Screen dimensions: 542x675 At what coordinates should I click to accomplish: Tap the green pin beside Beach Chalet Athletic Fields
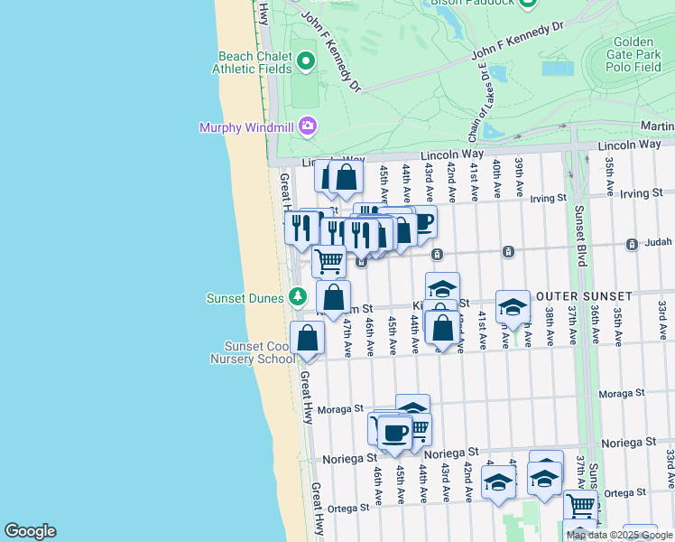pyautogui.click(x=305, y=61)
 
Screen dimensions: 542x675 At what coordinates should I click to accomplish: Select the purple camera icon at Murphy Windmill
pyautogui.click(x=308, y=126)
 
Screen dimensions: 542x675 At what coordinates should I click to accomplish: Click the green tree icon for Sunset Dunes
pyautogui.click(x=298, y=296)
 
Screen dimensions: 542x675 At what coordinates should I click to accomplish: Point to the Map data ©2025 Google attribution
pyautogui.click(x=620, y=535)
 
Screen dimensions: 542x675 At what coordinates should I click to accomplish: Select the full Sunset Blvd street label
pyautogui.click(x=579, y=238)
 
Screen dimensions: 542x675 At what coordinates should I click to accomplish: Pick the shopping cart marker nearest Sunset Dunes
pyautogui.click(x=329, y=261)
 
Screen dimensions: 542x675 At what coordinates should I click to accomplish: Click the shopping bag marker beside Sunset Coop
pyautogui.click(x=308, y=338)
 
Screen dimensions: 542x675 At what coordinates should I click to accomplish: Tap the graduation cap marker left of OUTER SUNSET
pyautogui.click(x=513, y=306)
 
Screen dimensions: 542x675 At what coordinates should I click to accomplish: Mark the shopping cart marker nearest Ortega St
pyautogui.click(x=580, y=506)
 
